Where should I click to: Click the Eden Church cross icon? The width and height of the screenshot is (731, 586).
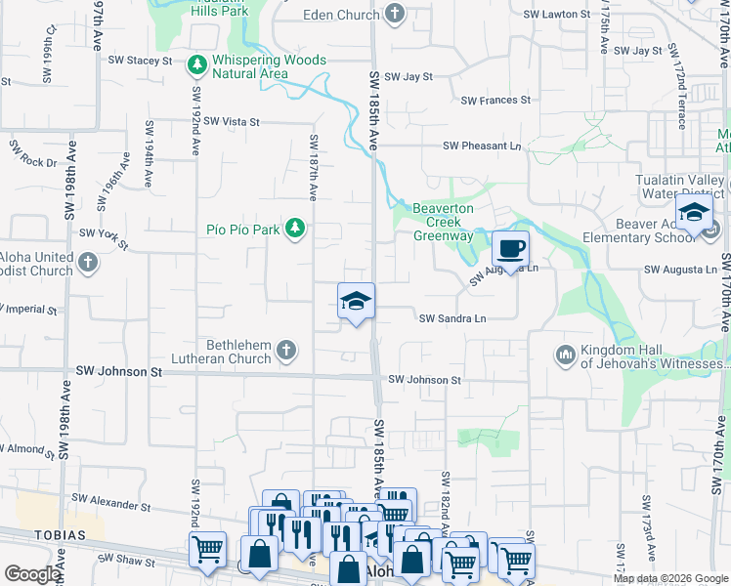pos(394,14)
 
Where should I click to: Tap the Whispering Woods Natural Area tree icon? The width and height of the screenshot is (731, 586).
pos(198,64)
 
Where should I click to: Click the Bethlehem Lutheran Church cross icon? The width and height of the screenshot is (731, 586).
pos(286,350)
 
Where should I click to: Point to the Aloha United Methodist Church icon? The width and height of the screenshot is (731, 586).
pos(88,262)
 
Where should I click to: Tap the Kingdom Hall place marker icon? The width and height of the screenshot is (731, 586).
pos(565,354)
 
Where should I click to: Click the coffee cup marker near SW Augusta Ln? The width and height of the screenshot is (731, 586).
pos(509,248)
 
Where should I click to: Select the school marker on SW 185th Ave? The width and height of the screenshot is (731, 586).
pos(357,301)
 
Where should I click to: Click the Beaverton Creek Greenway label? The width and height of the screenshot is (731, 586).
pos(443,223)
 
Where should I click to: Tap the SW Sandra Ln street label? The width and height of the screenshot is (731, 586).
pos(452,318)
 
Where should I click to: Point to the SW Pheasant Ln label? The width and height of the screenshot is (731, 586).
pos(482,146)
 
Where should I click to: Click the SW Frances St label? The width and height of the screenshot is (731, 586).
pos(494,100)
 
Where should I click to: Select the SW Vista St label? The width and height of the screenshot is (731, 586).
pos(227,122)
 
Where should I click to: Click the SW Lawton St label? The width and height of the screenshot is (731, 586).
pos(557,15)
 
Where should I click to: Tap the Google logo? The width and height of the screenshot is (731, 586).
pos(32,574)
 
